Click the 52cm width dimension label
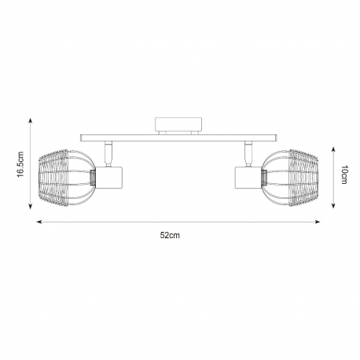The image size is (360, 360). pos(170,235)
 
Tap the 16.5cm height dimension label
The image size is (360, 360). pos(20,164)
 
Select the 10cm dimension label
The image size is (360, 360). pos(344,174)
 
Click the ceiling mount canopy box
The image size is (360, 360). pos(178,124)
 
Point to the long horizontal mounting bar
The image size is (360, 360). pos(178,138)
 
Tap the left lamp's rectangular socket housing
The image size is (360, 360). pos(109,178)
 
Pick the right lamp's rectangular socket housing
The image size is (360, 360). pos(248,178)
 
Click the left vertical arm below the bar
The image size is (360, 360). pos(108,153)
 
